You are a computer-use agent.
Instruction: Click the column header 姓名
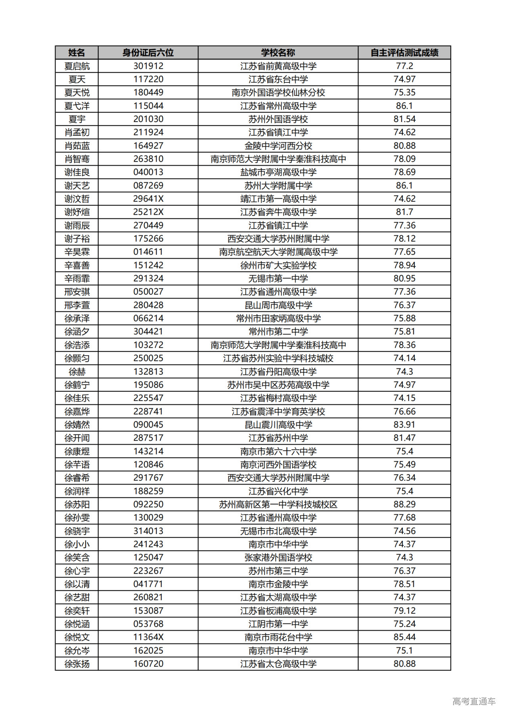pyautogui.click(x=76, y=53)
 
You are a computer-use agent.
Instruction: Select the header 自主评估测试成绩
pyautogui.click(x=404, y=53)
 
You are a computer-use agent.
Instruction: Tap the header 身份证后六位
pyautogui.click(x=148, y=53)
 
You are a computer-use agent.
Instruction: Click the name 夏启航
pyautogui.click(x=77, y=66)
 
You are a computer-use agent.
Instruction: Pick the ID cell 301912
pyautogui.click(x=148, y=66)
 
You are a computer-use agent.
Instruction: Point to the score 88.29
pyautogui.click(x=404, y=504)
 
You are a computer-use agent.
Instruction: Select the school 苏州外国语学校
pyautogui.click(x=278, y=119)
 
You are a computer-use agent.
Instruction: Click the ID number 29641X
pyautogui.click(x=148, y=199)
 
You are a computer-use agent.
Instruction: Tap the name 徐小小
pyautogui.click(x=77, y=544)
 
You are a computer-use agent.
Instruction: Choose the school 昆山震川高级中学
pyautogui.click(x=278, y=425)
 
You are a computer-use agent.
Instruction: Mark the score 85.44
pyautogui.click(x=404, y=637)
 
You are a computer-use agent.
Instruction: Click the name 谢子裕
pyautogui.click(x=77, y=239)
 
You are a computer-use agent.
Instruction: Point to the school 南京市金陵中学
pyautogui.click(x=278, y=584)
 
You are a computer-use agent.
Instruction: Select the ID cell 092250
pyautogui.click(x=148, y=504)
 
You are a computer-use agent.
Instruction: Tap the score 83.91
pyautogui.click(x=404, y=425)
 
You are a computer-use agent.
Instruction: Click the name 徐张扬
pyautogui.click(x=77, y=664)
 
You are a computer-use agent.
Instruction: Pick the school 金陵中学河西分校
pyautogui.click(x=278, y=146)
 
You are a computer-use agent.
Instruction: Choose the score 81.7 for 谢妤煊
pyautogui.click(x=404, y=212)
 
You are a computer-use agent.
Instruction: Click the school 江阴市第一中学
pyautogui.click(x=278, y=624)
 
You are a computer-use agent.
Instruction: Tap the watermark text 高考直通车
pyautogui.click(x=474, y=701)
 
